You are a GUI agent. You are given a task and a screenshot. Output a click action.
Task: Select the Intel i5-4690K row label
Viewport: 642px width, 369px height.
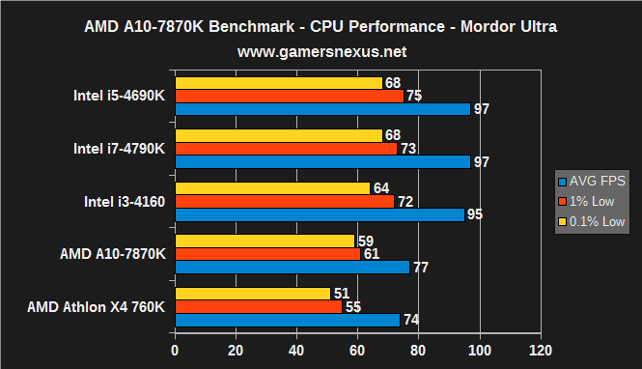119,96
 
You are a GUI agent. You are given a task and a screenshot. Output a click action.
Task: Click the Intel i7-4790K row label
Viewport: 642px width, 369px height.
119,149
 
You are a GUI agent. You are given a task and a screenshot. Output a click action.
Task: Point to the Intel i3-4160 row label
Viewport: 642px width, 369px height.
125,201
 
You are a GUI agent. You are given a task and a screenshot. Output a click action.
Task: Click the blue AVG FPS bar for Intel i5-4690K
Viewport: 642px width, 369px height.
321,109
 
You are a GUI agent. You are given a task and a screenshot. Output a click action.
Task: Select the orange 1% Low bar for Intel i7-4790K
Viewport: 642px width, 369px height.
286,149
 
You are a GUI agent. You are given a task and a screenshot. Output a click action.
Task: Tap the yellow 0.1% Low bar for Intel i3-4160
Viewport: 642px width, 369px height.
271,188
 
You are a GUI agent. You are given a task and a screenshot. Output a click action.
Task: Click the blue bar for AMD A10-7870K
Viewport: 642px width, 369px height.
292,268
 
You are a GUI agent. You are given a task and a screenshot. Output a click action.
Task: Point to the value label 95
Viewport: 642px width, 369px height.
474,215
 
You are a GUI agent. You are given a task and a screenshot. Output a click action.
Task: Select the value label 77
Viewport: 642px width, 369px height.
420,268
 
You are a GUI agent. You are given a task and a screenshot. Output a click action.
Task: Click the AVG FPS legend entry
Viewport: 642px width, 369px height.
592,181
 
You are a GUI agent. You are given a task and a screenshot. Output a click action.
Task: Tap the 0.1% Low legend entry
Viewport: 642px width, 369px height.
592,221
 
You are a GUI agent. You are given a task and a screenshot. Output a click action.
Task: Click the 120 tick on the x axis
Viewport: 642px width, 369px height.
541,348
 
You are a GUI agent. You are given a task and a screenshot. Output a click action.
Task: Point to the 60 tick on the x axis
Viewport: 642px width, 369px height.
357,348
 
